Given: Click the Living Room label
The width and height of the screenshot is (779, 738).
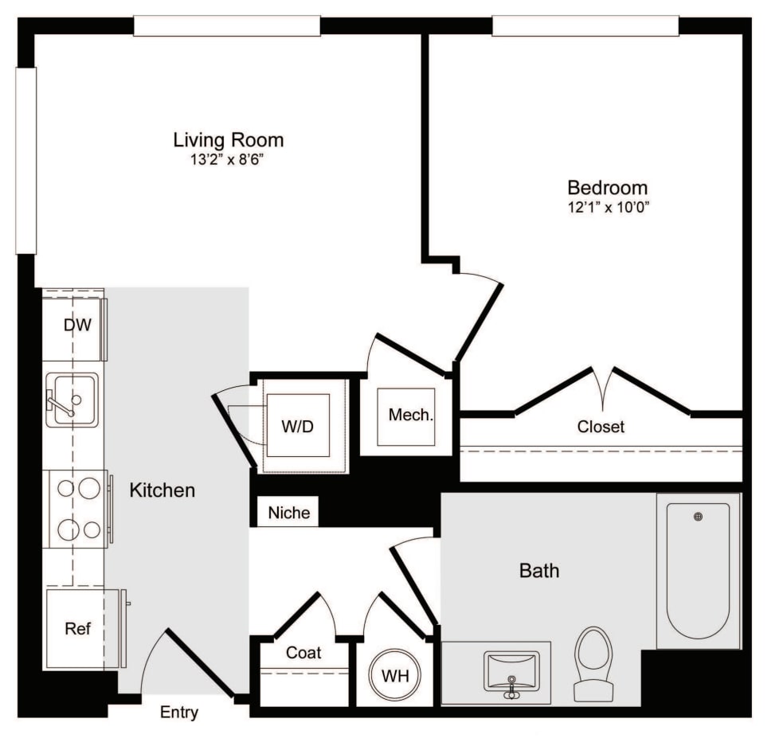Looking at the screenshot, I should pos(229,140).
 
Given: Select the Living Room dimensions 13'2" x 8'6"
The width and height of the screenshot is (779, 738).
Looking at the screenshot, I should pos(229,159).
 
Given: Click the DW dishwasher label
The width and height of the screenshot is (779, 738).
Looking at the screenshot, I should pos(77,325).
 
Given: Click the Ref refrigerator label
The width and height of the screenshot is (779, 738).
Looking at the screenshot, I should pos(77,629).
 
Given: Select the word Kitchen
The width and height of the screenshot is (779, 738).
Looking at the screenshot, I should pos(162,490).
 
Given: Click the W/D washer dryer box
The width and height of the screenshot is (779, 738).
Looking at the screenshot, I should pos(298,425).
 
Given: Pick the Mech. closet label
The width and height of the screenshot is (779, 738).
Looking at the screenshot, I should pos(411,415).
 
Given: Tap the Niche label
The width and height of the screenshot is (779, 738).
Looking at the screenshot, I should pos(288,513).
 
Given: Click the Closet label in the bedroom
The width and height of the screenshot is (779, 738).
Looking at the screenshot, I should pos(601,427).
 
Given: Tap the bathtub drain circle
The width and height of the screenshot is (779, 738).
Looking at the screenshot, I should pos(699,517).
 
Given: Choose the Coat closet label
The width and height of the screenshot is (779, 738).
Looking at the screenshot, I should pos(303,653).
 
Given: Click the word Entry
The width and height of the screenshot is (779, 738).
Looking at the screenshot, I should pos(179,713).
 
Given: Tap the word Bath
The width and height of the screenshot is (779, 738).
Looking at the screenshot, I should pos(539,571).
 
